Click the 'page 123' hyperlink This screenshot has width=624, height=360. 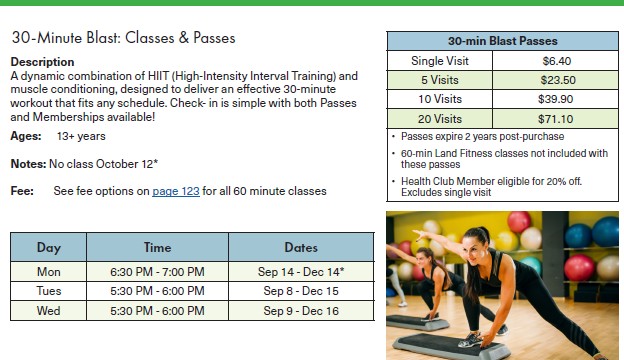click(x=176, y=191)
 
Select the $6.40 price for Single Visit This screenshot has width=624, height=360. click(x=556, y=61)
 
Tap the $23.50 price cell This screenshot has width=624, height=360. click(x=558, y=80)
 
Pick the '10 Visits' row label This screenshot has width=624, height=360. click(x=440, y=99)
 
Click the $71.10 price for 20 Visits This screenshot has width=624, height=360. click(x=556, y=119)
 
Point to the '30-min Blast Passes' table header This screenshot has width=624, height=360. click(x=503, y=41)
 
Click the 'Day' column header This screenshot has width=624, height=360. click(x=49, y=247)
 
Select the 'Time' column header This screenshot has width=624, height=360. click(x=157, y=247)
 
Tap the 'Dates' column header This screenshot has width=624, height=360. click(x=301, y=247)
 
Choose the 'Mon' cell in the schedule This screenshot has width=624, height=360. click(x=49, y=272)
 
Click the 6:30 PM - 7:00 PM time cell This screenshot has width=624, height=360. click(x=157, y=272)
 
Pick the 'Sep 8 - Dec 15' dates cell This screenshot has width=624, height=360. click(x=301, y=291)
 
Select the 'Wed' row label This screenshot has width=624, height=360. click(x=49, y=311)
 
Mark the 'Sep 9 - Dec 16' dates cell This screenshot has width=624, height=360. click(x=301, y=311)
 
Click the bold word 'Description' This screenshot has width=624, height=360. click(x=42, y=62)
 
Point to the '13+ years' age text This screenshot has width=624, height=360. click(x=81, y=136)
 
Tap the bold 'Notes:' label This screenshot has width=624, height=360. click(x=28, y=164)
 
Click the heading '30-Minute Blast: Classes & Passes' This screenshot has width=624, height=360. click(x=123, y=38)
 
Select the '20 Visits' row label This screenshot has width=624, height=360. click(x=440, y=119)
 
